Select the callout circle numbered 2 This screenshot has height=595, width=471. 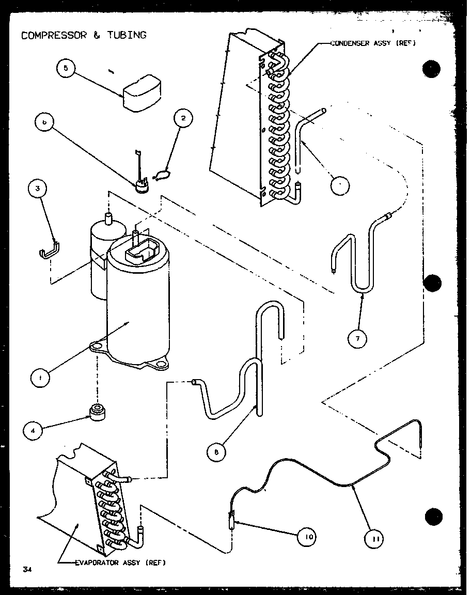[x=183, y=118]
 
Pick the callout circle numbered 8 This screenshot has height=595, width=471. [x=215, y=452]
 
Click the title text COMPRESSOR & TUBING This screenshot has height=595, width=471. [x=84, y=35]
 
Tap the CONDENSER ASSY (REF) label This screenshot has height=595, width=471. [x=373, y=43]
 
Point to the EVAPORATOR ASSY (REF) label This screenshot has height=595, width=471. [x=120, y=562]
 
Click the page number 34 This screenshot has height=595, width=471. [x=27, y=570]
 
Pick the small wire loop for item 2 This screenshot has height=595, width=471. [x=161, y=176]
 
